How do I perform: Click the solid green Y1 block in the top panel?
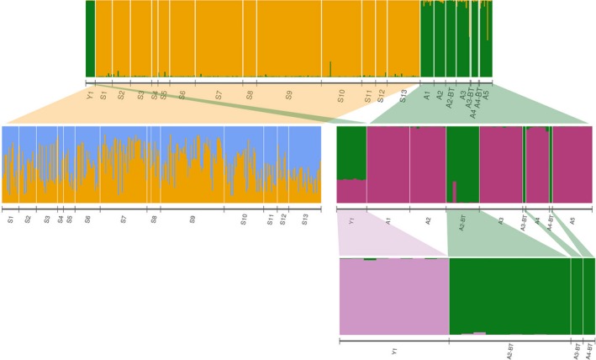(x=90, y=38)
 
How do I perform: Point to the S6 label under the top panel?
(x=182, y=94)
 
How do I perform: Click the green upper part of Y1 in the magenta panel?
(x=351, y=151)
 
